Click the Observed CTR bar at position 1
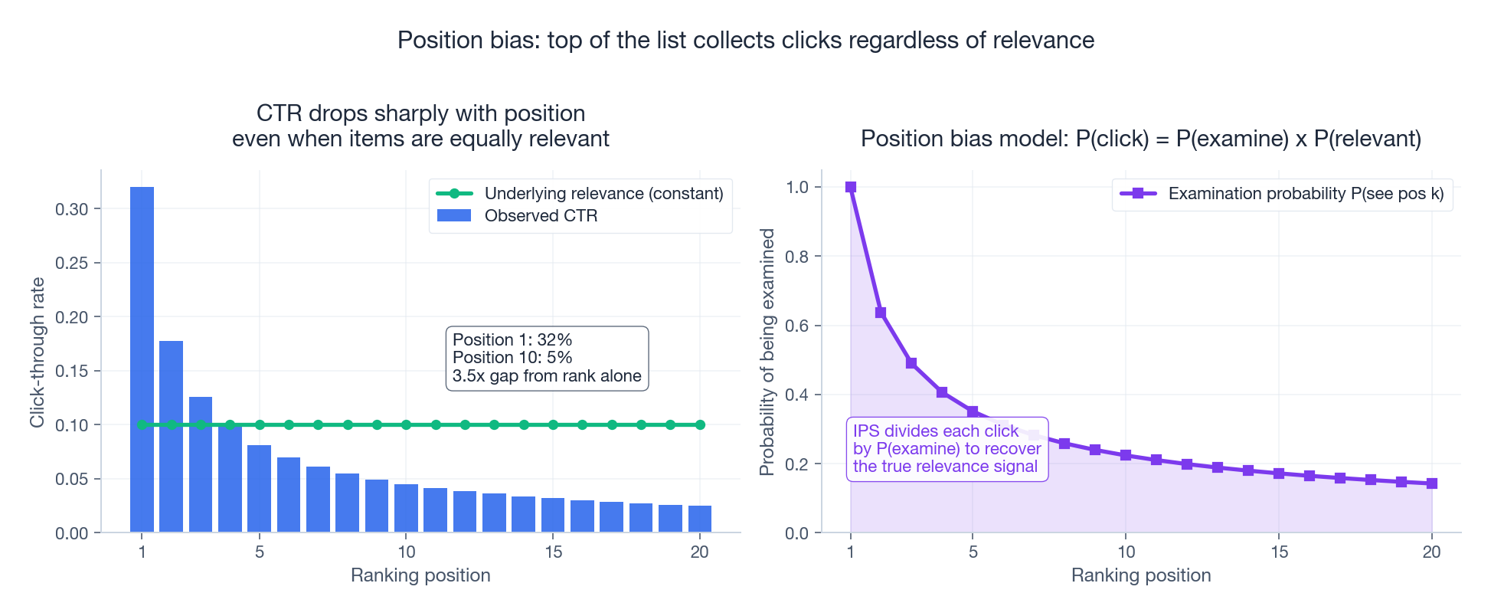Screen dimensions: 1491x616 (142, 359)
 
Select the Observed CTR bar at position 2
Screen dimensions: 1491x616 (171, 436)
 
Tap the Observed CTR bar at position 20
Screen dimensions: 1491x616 (700, 519)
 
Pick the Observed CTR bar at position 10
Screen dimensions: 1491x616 (406, 508)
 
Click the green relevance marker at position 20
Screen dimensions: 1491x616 (700, 424)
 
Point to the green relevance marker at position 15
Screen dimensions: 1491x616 (553, 424)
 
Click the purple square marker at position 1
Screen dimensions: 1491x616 (850, 187)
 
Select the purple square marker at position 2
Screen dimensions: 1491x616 (881, 313)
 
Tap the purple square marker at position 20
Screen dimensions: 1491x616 (1431, 483)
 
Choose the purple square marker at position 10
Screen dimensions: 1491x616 (1126, 455)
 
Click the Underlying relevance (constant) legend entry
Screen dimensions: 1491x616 (580, 194)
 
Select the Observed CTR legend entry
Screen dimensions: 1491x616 (517, 216)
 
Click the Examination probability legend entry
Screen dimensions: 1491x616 (1282, 194)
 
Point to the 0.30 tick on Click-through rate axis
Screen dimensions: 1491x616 (73, 209)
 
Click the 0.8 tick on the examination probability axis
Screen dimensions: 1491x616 (797, 257)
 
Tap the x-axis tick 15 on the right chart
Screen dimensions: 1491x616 (1279, 552)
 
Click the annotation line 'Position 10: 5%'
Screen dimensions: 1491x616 (512, 358)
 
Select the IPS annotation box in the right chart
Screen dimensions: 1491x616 (947, 449)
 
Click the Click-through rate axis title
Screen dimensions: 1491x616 (38, 352)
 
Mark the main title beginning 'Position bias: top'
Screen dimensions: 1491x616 (746, 40)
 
